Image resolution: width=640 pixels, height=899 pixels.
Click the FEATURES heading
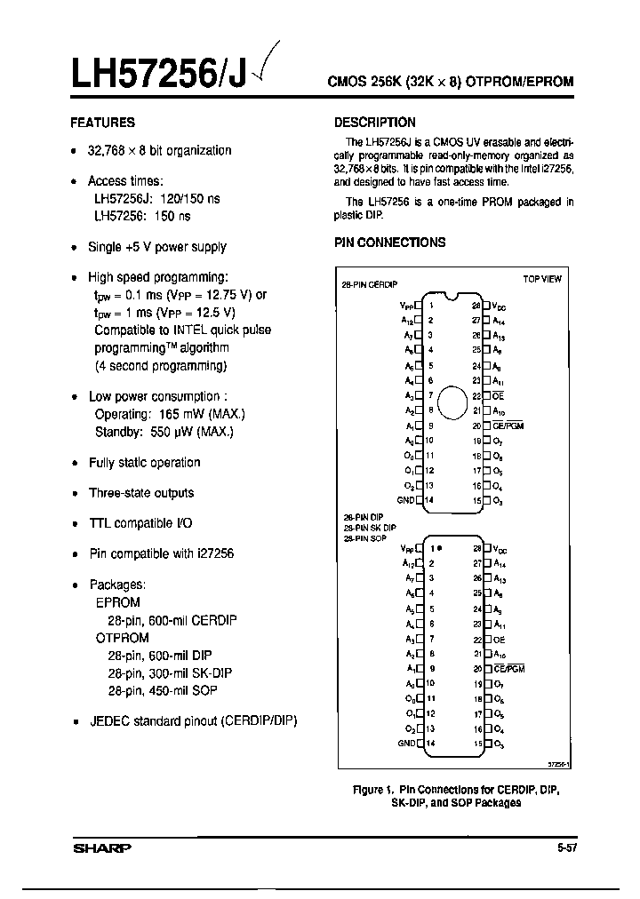(102, 123)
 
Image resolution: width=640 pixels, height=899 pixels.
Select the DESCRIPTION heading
(374, 123)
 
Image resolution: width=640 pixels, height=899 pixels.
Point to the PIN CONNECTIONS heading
(389, 243)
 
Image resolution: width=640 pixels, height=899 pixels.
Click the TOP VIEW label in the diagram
(541, 279)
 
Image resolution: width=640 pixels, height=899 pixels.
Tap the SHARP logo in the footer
(100, 847)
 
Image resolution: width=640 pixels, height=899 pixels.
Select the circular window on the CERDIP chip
(452, 402)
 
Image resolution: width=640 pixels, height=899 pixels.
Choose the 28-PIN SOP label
(364, 538)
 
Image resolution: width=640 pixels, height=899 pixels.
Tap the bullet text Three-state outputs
(140, 493)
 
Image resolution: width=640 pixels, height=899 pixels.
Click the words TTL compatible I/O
(140, 523)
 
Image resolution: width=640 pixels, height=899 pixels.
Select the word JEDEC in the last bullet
(109, 720)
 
